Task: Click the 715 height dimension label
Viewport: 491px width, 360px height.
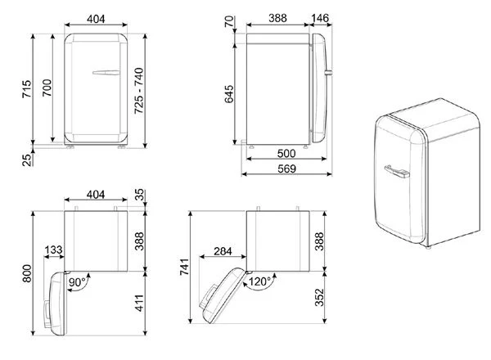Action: point(27,89)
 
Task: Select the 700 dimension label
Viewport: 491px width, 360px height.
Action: point(47,88)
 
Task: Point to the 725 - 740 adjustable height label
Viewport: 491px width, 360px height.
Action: point(139,91)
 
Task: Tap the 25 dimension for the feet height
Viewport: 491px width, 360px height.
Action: point(27,160)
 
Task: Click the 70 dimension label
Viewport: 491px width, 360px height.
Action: point(229,21)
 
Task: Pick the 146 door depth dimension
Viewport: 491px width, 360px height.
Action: point(320,18)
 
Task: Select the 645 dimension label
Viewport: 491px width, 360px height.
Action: point(229,94)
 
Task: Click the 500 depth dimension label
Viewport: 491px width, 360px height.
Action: point(286,153)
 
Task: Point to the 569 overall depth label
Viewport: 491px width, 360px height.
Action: point(286,169)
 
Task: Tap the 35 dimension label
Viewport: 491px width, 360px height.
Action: point(140,195)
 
